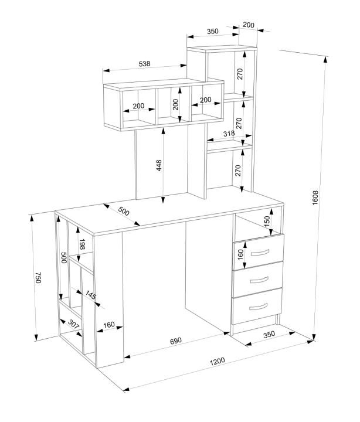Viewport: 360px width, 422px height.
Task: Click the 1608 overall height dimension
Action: coord(315,198)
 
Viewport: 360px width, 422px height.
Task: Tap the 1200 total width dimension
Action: coord(217,361)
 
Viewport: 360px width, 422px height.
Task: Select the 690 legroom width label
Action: coord(176,341)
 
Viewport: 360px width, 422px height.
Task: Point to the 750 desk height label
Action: coord(38,277)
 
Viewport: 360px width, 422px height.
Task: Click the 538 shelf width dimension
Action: coord(144,64)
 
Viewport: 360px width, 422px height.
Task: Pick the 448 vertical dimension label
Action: coord(159,165)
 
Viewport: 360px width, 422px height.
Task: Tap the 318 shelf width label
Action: coord(229,134)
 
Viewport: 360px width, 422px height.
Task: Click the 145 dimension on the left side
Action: coord(91,295)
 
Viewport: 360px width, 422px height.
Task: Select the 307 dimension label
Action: coord(73,324)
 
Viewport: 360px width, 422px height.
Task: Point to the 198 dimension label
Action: coord(82,244)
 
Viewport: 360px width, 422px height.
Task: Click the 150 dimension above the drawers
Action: coord(267,222)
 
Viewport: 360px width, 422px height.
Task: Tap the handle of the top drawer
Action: coord(260,253)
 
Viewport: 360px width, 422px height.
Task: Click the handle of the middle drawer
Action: coord(259,280)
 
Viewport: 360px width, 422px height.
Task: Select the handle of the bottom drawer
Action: coord(258,307)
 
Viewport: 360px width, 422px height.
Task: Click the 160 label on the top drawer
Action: coord(240,254)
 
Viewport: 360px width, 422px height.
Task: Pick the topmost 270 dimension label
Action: coord(240,74)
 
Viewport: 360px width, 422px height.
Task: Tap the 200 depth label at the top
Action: coord(248,25)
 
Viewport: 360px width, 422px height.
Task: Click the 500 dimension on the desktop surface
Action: coord(124,212)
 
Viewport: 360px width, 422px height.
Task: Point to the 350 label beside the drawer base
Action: coord(269,335)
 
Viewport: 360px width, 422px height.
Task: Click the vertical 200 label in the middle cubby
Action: coord(175,104)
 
